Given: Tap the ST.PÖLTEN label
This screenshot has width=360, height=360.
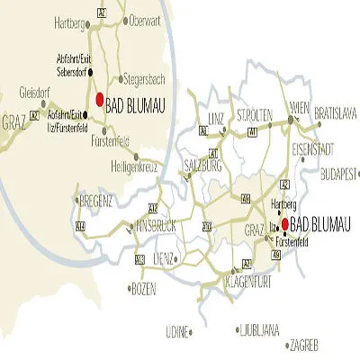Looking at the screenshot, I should pos(254,116).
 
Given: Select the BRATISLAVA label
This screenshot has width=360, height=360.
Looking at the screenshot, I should pos(337,115).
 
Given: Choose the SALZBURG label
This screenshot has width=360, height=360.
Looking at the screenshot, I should pos(202,166).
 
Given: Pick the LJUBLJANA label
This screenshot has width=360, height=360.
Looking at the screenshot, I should pos(259,330).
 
